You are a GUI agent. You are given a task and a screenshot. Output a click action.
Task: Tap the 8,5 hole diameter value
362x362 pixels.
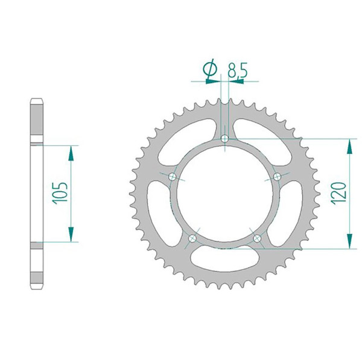[238, 70]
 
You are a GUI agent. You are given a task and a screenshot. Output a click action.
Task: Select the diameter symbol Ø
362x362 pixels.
[210, 69]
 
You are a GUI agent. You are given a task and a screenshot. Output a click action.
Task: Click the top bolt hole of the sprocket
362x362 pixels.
[224, 139]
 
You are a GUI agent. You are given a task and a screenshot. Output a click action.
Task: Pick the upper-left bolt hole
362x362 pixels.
[173, 177]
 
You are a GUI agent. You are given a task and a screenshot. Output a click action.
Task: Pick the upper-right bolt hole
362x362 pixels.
[277, 177]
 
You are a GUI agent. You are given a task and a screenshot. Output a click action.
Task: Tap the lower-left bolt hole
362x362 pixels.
[192, 238]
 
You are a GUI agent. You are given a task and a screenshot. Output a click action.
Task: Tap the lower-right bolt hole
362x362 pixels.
[257, 238]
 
